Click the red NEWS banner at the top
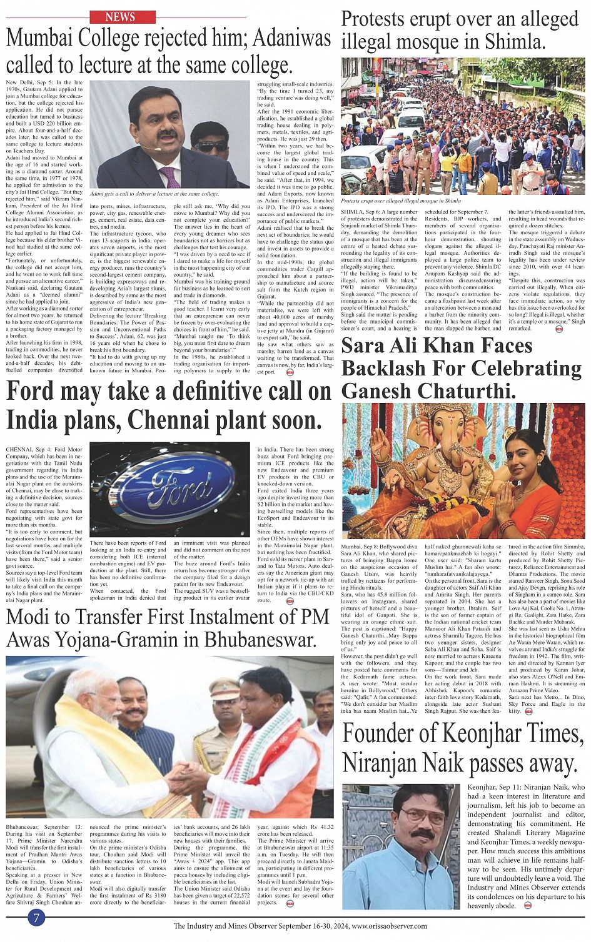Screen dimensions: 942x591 tap(120, 17)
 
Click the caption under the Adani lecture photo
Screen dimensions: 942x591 tap(155, 194)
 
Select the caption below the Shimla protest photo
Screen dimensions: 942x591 tap(400, 201)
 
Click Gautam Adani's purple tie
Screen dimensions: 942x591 tap(169, 177)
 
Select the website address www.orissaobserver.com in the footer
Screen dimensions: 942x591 tap(390, 926)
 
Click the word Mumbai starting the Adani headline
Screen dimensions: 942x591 tap(48, 40)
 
